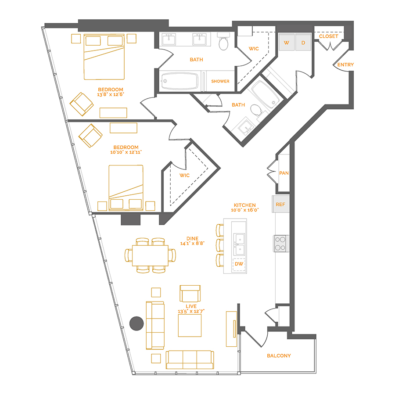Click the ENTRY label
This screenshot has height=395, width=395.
click(x=345, y=65)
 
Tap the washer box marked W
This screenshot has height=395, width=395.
click(x=287, y=43)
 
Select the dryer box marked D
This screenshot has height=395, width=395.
click(x=303, y=43)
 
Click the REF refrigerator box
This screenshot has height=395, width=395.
click(x=280, y=205)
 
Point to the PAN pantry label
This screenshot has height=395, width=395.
click(x=284, y=173)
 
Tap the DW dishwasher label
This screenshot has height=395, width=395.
click(x=239, y=264)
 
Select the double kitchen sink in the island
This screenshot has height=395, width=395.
click(x=239, y=244)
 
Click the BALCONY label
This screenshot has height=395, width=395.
click(x=279, y=355)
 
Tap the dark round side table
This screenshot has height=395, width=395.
click(x=137, y=323)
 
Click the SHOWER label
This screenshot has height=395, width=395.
click(x=220, y=81)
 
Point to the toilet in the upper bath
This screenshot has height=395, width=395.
click(x=224, y=42)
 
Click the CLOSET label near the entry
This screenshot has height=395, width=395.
click(x=329, y=36)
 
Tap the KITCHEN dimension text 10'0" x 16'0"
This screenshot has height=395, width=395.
click(x=245, y=210)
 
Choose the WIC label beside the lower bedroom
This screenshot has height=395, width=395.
click(x=184, y=176)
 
